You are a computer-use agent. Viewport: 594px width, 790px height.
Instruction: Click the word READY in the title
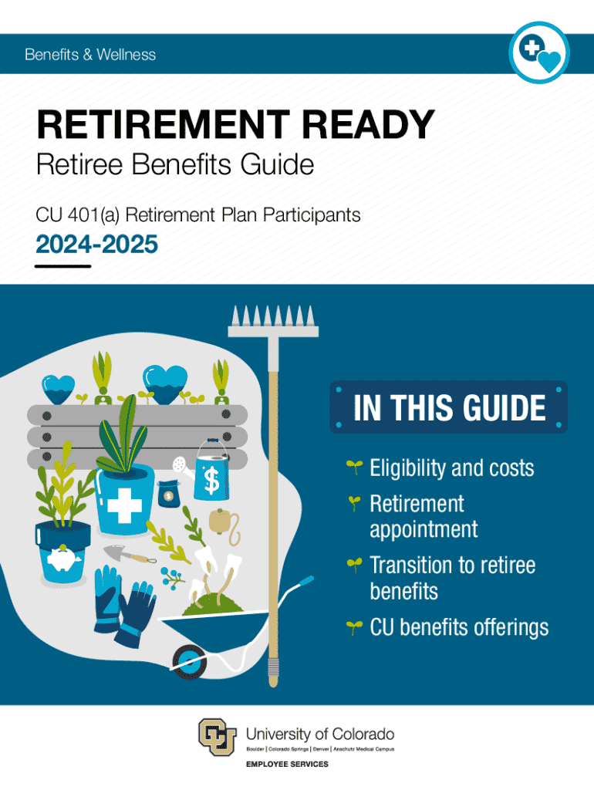[368, 124]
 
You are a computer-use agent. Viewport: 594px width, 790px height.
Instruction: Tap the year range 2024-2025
[96, 245]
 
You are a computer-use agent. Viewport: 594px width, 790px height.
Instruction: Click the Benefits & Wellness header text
[90, 55]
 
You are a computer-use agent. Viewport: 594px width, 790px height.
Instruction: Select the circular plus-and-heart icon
[539, 52]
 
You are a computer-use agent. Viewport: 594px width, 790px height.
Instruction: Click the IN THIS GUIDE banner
[449, 407]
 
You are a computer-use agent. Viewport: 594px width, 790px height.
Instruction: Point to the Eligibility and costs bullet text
[452, 468]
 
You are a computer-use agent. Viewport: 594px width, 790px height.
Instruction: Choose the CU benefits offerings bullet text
[459, 627]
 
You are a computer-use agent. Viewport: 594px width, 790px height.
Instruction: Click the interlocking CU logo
[217, 737]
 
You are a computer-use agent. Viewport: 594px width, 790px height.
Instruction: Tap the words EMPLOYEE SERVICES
[287, 765]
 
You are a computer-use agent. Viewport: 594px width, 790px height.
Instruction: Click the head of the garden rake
[273, 321]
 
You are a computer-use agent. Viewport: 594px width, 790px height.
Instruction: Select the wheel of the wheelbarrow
[190, 662]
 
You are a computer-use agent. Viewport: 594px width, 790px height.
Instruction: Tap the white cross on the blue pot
[124, 505]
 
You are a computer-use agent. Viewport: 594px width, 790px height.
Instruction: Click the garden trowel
[130, 555]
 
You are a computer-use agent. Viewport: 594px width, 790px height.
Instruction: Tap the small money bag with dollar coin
[168, 494]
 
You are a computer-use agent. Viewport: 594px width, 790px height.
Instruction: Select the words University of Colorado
[320, 734]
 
